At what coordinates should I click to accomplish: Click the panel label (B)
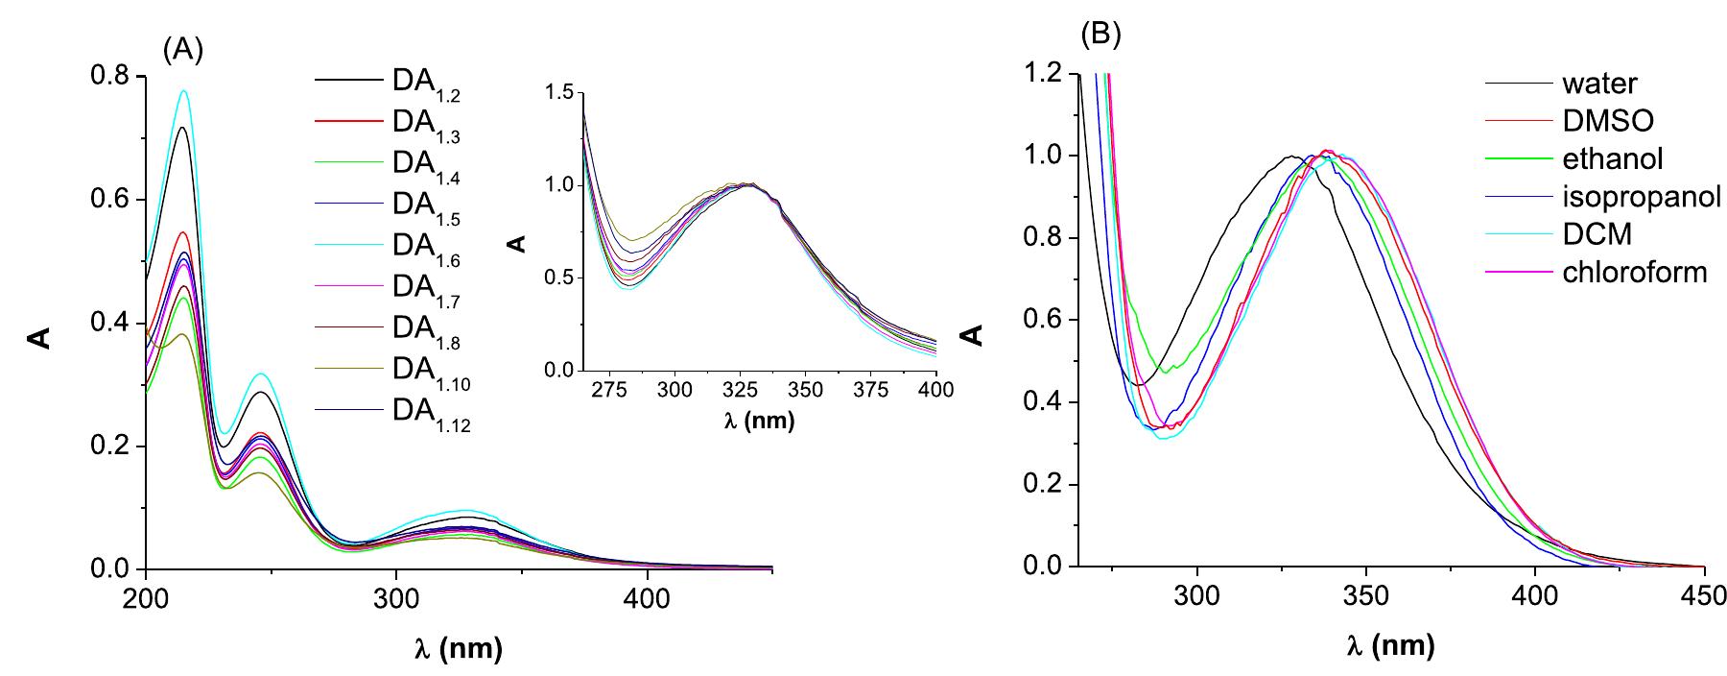point(1100,36)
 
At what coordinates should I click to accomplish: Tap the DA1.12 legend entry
point(431,414)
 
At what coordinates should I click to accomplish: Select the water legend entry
point(1599,84)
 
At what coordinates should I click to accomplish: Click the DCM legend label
point(1597,234)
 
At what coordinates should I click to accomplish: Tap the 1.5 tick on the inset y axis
point(556,93)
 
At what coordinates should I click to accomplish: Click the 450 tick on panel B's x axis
point(1705,594)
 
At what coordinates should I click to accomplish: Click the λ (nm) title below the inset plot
point(759,421)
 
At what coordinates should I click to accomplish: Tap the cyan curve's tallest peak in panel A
point(183,91)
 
